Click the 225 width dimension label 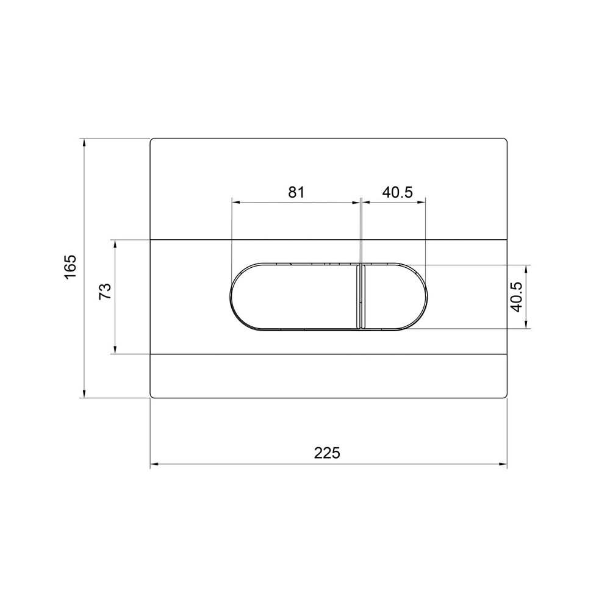click(327, 453)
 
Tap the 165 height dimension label click(71, 267)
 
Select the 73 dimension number click(105, 291)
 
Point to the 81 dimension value click(296, 192)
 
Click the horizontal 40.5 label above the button click(397, 192)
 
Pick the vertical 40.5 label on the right click(516, 296)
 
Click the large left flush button click(294, 296)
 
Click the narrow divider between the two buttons click(361, 296)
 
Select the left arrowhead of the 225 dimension click(154, 464)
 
